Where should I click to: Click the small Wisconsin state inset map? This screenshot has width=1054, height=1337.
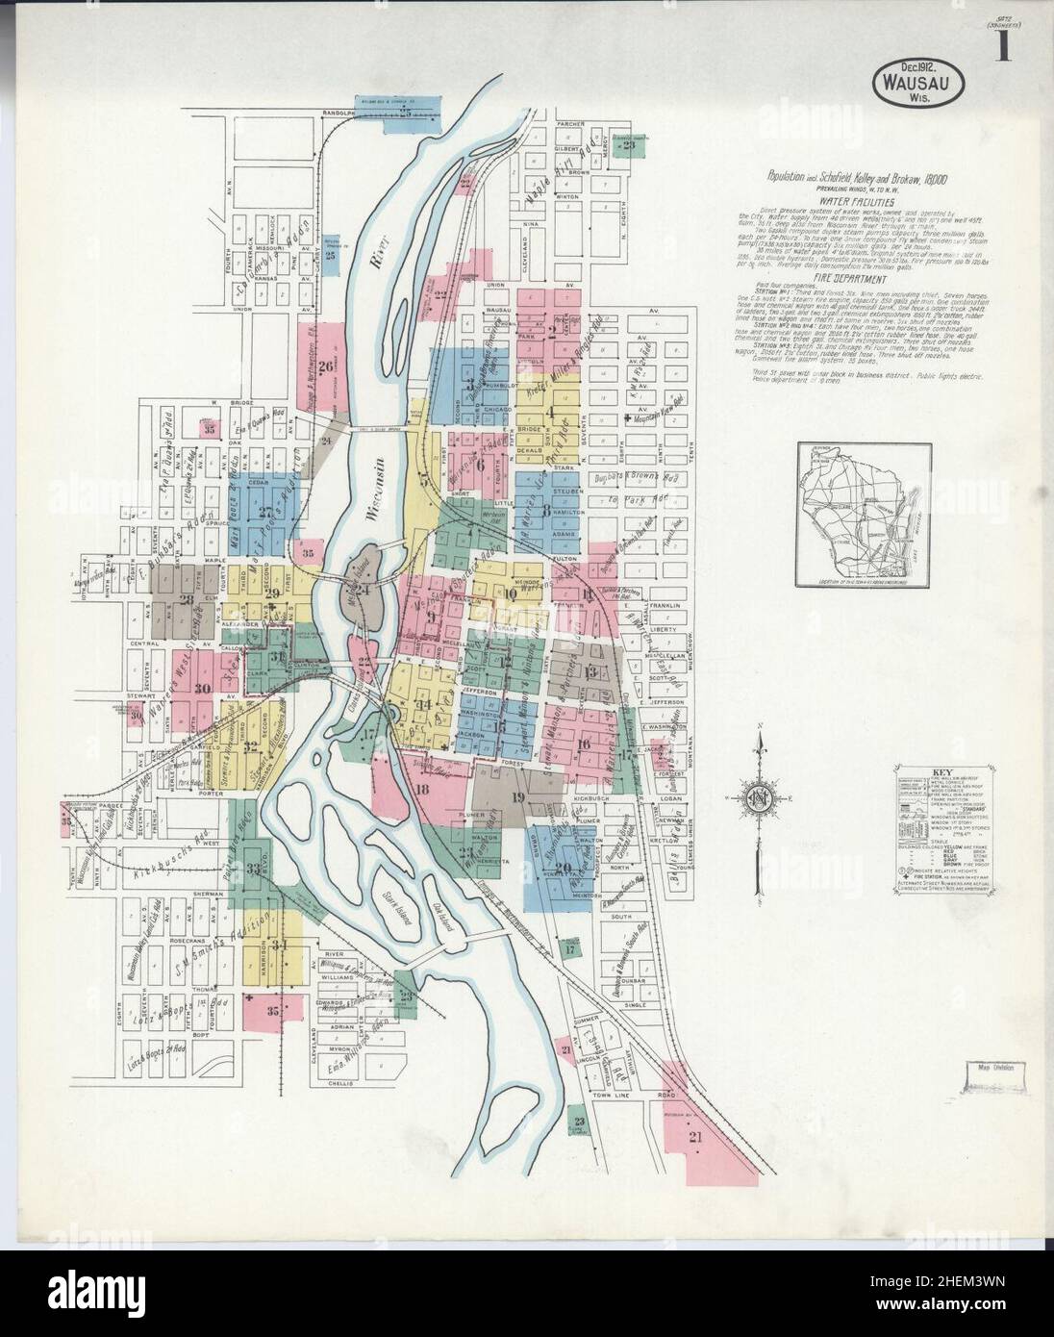(x=854, y=514)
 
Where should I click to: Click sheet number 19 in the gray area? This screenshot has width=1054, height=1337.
(x=519, y=795)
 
